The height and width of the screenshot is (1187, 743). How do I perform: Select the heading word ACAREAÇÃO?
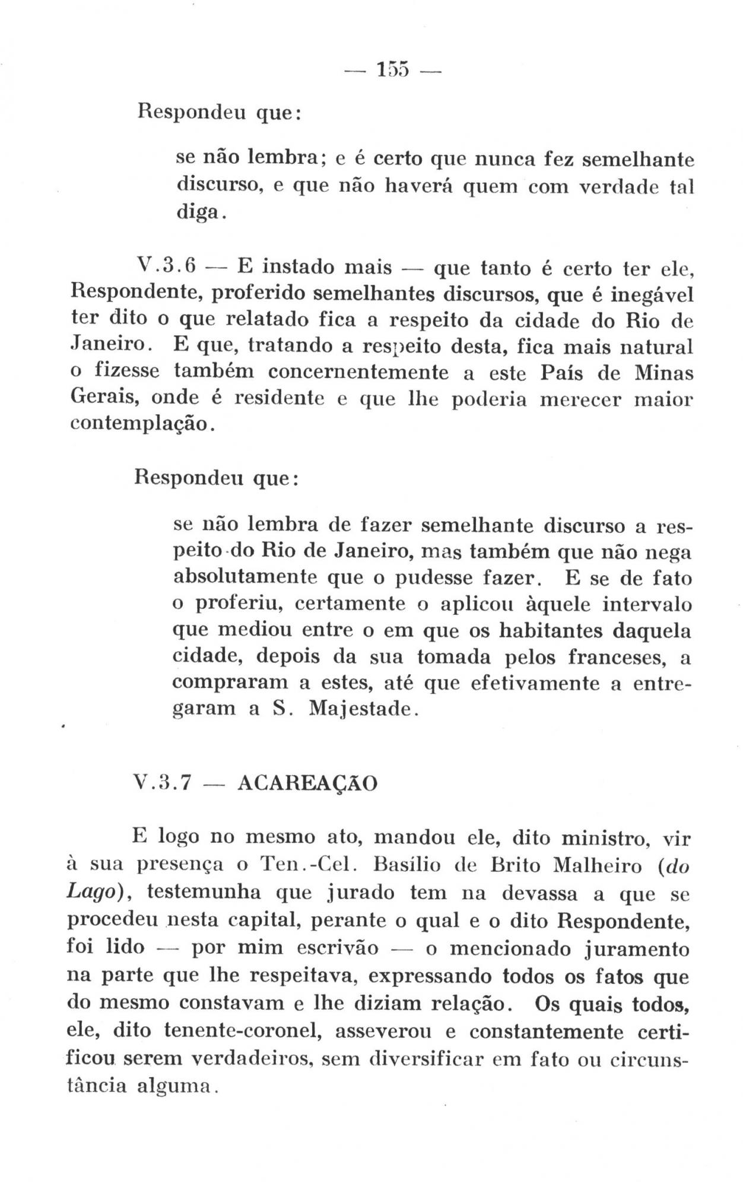pyautogui.click(x=306, y=783)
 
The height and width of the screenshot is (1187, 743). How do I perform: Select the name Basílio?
pyautogui.click(x=407, y=865)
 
